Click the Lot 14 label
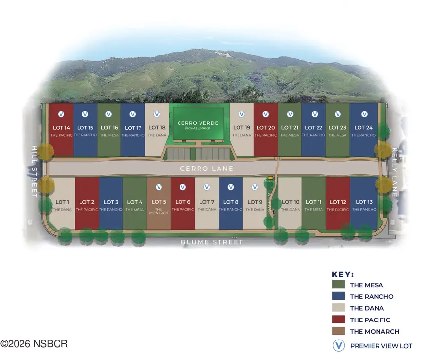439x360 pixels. (x=61, y=128)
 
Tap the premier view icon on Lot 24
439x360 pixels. (x=364, y=114)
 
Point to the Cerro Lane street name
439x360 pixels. (x=207, y=169)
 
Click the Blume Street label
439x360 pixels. (x=212, y=242)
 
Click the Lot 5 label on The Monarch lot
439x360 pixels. (x=159, y=202)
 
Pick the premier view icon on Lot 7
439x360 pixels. (x=206, y=187)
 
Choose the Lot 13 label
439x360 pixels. (x=364, y=202)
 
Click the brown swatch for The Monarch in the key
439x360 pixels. (x=339, y=332)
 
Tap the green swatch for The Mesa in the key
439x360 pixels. (x=339, y=285)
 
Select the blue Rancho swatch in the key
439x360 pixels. (x=339, y=297)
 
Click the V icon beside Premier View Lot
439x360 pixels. (x=339, y=346)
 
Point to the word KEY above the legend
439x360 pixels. (x=342, y=274)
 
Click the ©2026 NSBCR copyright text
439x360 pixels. (x=34, y=344)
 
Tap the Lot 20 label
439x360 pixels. (x=265, y=128)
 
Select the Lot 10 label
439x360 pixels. (x=290, y=202)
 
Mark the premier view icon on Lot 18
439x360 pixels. (x=157, y=114)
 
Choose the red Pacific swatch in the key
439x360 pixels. (x=339, y=320)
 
